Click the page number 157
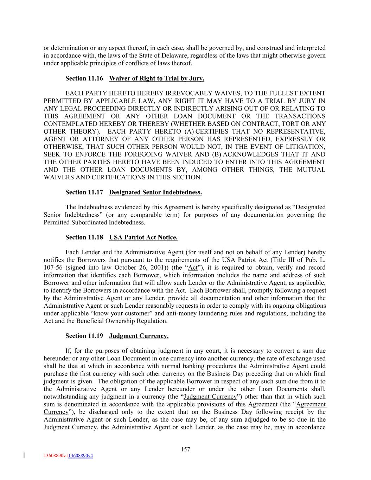pos(185,449)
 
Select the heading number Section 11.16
pos(84,78)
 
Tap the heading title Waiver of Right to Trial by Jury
pos(156,78)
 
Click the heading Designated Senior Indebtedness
pos(155,192)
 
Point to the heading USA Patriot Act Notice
pos(143,237)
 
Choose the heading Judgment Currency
pos(139,336)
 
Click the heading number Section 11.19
pos(84,336)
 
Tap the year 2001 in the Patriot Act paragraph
pos(152,268)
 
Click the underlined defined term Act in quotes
pos(193,268)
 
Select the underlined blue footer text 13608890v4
pos(81,456)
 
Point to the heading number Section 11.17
pos(84,192)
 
